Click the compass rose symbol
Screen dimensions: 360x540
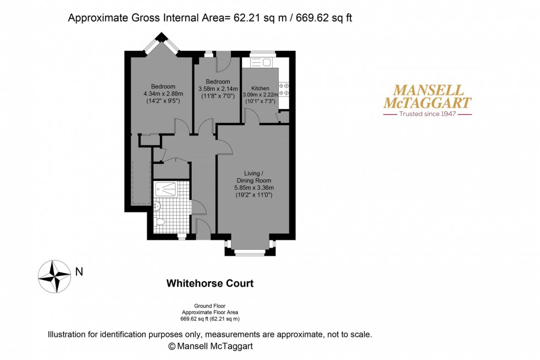pos(54,276)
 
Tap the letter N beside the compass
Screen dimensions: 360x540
pos(79,271)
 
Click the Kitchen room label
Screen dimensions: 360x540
pos(260,88)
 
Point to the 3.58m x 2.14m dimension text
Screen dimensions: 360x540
pos(218,89)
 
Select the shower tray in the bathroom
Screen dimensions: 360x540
pos(166,190)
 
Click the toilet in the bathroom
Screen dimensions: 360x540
pos(160,222)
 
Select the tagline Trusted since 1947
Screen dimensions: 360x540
pos(427,114)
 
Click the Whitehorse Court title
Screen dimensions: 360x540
pos(210,283)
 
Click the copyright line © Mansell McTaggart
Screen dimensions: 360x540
pos(210,346)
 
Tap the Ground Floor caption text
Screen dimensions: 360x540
pos(210,306)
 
